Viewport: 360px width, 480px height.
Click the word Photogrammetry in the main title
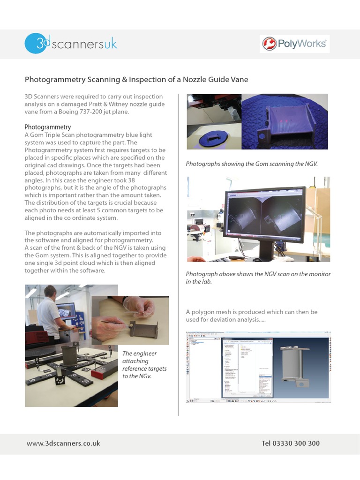click(55, 80)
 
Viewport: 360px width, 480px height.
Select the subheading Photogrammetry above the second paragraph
click(47, 127)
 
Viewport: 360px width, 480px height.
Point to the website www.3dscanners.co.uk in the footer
click(63, 443)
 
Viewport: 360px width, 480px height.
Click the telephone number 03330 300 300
click(291, 443)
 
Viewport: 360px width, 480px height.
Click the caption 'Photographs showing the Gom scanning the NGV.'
click(252, 164)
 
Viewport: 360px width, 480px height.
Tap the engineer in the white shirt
click(49, 312)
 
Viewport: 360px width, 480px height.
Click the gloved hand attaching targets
click(139, 307)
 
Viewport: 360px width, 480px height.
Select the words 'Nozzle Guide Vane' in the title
click(216, 80)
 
